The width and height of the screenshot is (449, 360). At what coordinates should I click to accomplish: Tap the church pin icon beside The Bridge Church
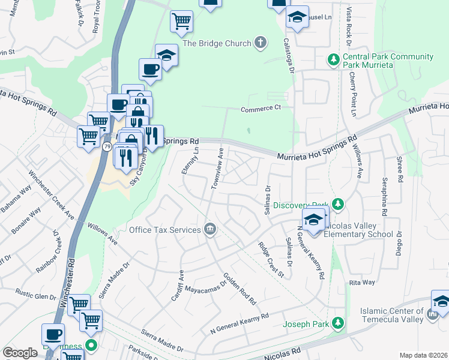(x=259, y=43)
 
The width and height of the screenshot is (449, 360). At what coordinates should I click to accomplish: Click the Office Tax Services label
(x=164, y=230)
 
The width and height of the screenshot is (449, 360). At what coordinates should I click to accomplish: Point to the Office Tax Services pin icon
(x=210, y=229)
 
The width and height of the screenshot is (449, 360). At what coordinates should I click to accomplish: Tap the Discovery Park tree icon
(x=338, y=205)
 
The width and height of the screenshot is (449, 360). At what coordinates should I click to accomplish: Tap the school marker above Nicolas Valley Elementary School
(x=313, y=220)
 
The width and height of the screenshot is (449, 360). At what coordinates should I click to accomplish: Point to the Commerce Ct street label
(x=261, y=109)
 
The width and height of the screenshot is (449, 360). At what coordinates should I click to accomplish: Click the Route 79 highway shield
(x=106, y=146)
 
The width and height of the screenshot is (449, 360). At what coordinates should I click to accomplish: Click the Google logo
(x=20, y=353)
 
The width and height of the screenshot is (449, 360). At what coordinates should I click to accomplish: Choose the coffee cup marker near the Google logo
(x=53, y=334)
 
